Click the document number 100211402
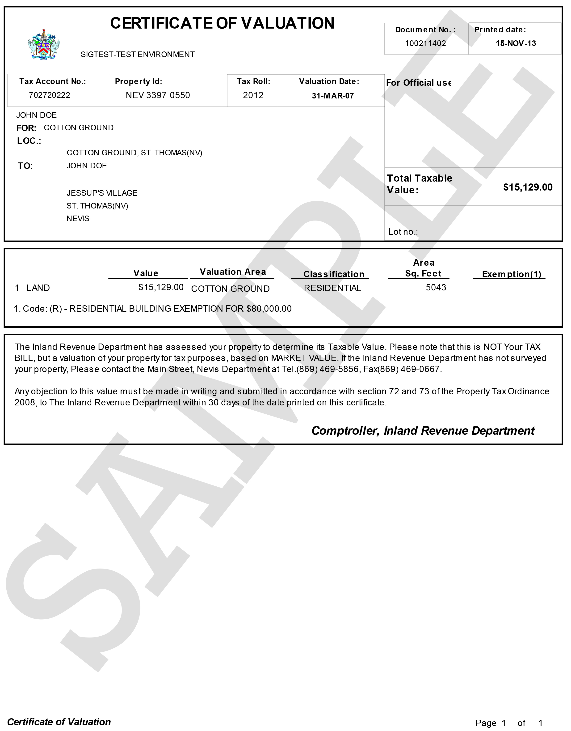425,43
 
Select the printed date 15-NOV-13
516,43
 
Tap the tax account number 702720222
50,95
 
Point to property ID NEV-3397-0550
158,95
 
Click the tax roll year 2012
253,95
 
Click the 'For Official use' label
418,83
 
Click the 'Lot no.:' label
403,232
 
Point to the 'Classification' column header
333,274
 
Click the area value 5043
436,288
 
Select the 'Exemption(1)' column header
511,274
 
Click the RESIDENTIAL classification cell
332,288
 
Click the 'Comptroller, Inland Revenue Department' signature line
423,431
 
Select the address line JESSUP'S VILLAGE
102,193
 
